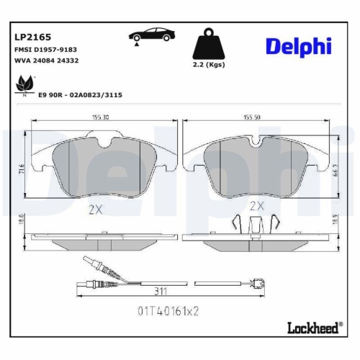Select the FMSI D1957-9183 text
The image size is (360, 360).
pos(45,49)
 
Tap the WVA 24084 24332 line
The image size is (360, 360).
pos(45,60)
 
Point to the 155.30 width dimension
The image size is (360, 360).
pos(101,117)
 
